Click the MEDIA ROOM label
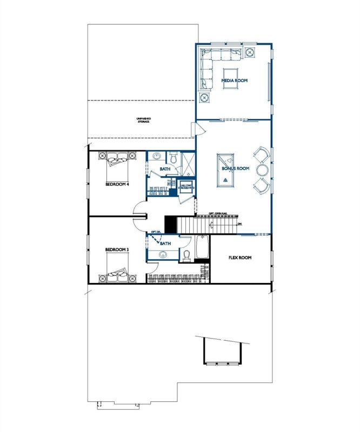pos(234,80)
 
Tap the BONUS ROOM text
pos(235,168)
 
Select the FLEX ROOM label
pos(240,258)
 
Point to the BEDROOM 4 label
pos(117,184)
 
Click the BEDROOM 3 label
pos(117,249)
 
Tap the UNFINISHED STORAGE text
pos(143,120)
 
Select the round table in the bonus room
pos(263,170)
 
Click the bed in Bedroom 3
pos(117,268)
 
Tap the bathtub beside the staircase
pos(202,247)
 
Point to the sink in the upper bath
pos(157,157)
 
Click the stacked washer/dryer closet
pos(186,186)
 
